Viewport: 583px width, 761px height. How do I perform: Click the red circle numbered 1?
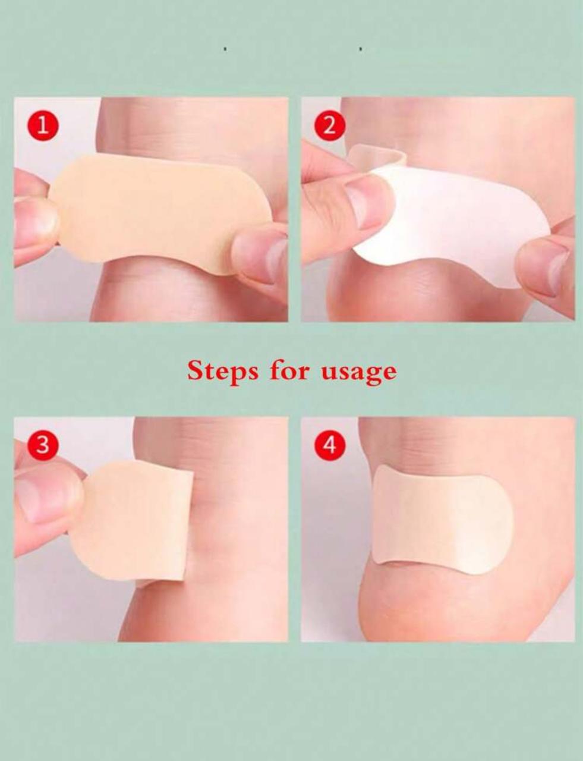coord(43,125)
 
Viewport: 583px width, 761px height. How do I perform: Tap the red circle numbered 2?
coord(330,125)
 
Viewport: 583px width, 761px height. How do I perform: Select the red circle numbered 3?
coord(43,445)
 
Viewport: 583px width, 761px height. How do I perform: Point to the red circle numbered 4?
coord(330,445)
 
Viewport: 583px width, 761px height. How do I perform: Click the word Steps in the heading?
coord(223,372)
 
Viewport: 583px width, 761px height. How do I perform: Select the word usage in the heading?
coord(359,374)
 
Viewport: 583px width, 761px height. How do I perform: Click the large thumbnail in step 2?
coord(364,203)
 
